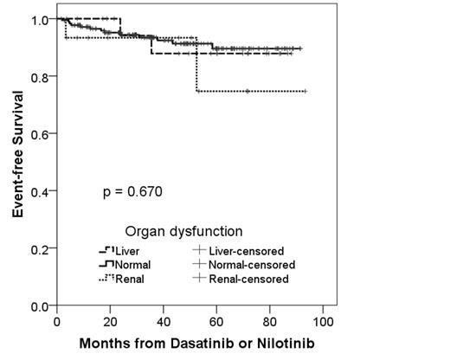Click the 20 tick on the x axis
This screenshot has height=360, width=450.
point(109,322)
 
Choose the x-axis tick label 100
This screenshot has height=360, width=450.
point(323,322)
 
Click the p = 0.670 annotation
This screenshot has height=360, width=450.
point(132,190)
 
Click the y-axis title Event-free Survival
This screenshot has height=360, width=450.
point(16,162)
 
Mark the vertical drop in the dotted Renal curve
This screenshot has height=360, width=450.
point(196,65)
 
